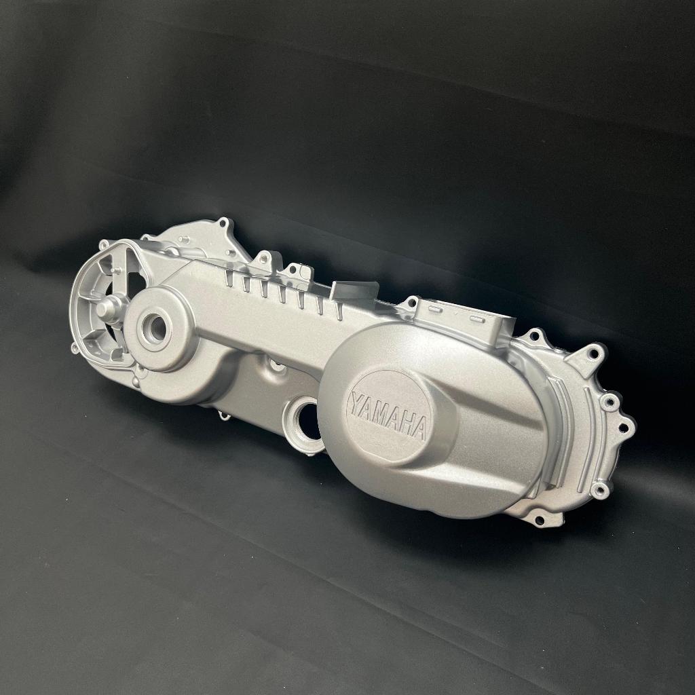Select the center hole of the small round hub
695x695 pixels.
point(156,329)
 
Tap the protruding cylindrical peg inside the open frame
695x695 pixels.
point(107,309)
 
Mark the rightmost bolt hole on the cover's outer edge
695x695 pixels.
point(624,428)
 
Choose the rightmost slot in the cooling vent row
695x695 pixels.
point(338,309)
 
